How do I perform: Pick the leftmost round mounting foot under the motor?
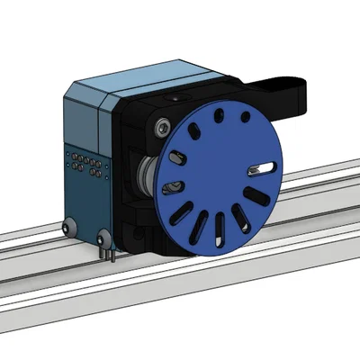tap(68, 229)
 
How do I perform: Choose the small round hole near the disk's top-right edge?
tap(244, 116)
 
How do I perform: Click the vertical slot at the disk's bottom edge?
tap(220, 229)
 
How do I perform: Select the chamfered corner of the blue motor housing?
tap(103, 103)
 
